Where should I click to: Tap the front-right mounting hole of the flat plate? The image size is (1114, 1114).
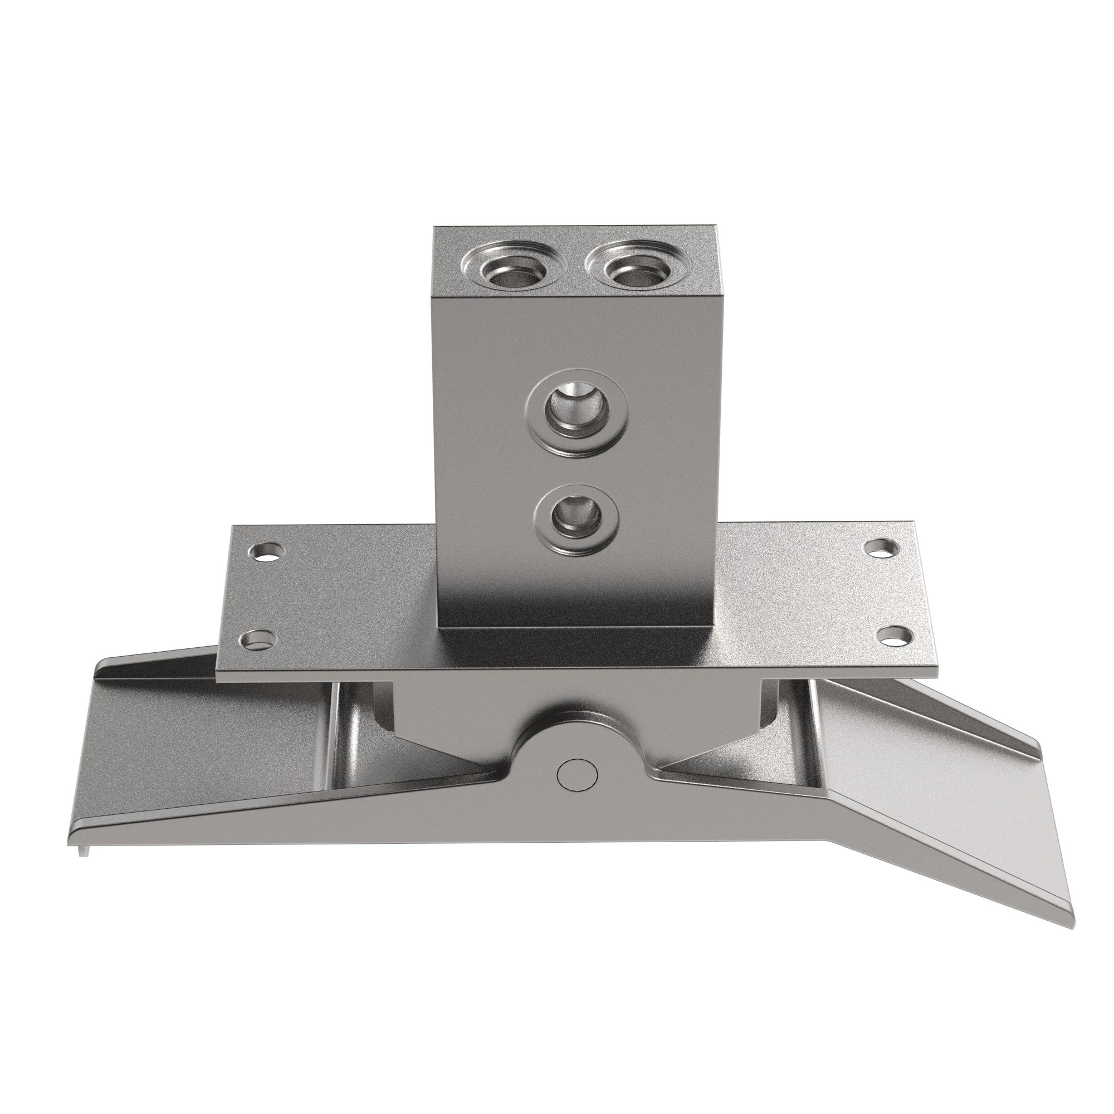click(897, 636)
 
